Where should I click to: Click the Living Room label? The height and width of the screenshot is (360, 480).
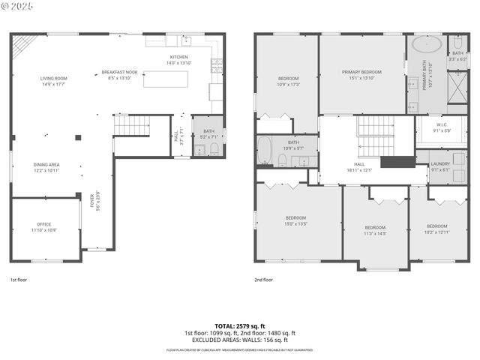point(54,81)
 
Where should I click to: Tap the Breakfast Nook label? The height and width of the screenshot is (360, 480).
point(120,75)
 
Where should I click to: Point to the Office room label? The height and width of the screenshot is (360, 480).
point(44,226)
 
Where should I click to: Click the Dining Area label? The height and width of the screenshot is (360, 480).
point(46,167)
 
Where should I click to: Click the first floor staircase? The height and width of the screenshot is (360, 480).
point(131,125)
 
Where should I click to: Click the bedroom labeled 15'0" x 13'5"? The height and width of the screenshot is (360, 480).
point(296,220)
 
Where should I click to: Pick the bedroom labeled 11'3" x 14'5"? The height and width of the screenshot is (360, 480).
point(375,230)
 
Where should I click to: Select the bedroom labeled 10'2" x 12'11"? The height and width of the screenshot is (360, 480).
point(437,229)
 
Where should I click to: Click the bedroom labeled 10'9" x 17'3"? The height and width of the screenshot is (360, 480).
point(289,81)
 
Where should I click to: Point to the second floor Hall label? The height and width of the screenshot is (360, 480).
point(359,166)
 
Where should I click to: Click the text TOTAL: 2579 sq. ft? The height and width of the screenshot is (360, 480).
point(240,326)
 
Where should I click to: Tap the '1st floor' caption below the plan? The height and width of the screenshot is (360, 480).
point(18,279)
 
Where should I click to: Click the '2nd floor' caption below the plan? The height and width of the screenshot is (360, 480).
point(263,279)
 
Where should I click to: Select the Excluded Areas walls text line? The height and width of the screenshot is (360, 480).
point(240,340)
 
